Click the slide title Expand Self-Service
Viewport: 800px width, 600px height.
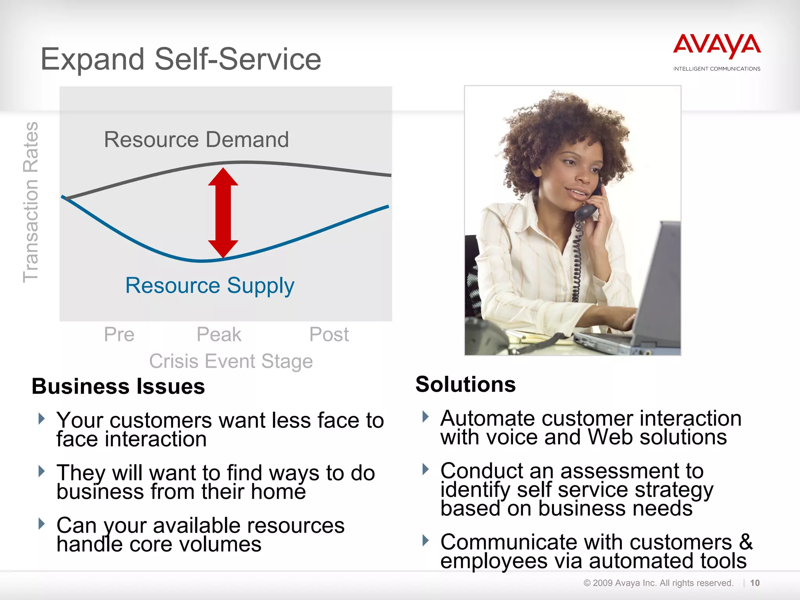pos(181,59)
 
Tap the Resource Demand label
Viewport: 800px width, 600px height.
pos(196,139)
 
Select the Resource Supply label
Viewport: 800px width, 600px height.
pos(210,285)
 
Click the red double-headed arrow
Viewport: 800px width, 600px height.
pos(223,213)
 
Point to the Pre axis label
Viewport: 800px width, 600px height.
pos(119,334)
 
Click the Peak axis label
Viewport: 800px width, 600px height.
pos(219,334)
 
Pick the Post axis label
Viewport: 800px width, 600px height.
pos(329,334)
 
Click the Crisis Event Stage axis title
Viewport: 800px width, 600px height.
pos(231,361)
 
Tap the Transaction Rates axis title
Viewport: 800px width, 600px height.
pos(31,202)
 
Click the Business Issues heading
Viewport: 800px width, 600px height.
pos(118,386)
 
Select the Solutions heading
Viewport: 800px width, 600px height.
pos(466,384)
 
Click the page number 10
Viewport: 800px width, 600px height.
pos(755,583)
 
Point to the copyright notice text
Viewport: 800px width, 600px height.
pos(658,583)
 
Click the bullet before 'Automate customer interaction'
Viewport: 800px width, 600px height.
pos(426,417)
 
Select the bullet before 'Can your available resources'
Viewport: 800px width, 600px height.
pos(42,524)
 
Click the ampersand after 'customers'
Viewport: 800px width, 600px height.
pos(746,542)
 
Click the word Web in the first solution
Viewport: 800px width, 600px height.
pos(611,437)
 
